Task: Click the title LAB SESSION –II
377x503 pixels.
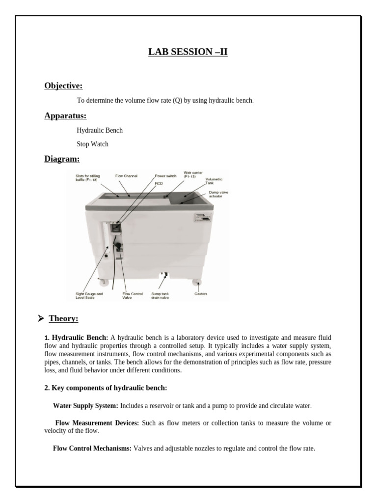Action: tap(188, 52)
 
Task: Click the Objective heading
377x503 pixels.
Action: tap(63, 86)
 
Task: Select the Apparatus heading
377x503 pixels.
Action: tap(65, 116)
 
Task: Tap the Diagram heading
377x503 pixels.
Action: tap(62, 159)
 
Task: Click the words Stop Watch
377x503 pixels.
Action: tap(92, 144)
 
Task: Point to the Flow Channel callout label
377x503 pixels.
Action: tap(126, 175)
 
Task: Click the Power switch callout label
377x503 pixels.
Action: tap(165, 175)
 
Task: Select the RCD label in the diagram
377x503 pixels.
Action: tap(159, 183)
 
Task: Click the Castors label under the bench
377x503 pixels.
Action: tap(201, 294)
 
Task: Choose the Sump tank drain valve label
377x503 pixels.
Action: tap(160, 296)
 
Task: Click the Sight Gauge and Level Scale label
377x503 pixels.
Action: tap(89, 296)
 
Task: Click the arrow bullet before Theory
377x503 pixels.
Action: tap(41, 319)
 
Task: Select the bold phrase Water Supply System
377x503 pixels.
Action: tap(85, 406)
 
